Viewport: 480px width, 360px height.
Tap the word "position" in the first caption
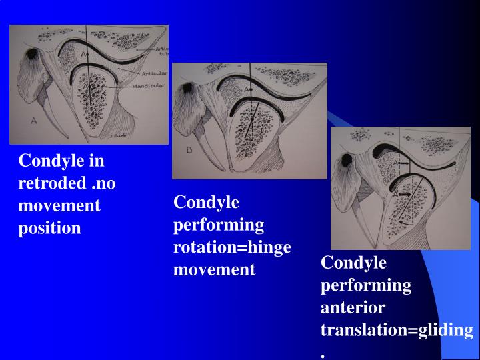coord(49,228)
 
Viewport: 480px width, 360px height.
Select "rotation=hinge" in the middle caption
coord(232,247)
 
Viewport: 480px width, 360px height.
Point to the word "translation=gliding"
coord(397,329)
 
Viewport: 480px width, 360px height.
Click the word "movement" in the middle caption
coord(214,269)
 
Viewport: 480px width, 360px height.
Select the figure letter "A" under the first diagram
coord(34,121)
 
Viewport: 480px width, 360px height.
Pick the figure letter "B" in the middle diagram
coord(189,150)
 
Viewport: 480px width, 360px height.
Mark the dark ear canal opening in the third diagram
coord(345,160)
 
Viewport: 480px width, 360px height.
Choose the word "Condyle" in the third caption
coord(353,262)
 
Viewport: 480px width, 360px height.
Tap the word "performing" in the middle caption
coord(219,225)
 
